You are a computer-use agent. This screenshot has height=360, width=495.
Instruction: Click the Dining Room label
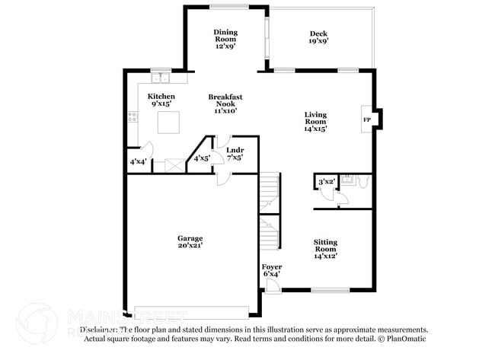(225, 38)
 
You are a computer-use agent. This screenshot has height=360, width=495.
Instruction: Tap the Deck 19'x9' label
(318, 38)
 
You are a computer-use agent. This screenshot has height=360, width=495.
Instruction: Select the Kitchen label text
(161, 100)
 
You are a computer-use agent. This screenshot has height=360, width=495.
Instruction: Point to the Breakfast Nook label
(225, 104)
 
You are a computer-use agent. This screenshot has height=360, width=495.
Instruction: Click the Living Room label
(315, 122)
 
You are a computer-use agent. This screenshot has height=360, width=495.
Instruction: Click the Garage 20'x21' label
(191, 242)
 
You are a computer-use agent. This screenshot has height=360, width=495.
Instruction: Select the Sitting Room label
(325, 249)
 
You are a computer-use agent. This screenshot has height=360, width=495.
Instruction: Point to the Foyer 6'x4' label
(272, 270)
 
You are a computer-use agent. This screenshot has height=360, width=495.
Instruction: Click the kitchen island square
(168, 122)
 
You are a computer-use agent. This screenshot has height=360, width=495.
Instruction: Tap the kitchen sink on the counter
(160, 77)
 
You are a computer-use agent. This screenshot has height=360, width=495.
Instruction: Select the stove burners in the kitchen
(133, 117)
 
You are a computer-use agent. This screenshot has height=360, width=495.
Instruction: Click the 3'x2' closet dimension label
(326, 181)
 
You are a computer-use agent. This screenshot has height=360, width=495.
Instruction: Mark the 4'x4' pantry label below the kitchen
(138, 161)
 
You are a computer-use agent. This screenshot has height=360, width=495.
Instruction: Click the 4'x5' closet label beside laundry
(201, 158)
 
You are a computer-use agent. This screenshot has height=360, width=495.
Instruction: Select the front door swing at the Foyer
(273, 285)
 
